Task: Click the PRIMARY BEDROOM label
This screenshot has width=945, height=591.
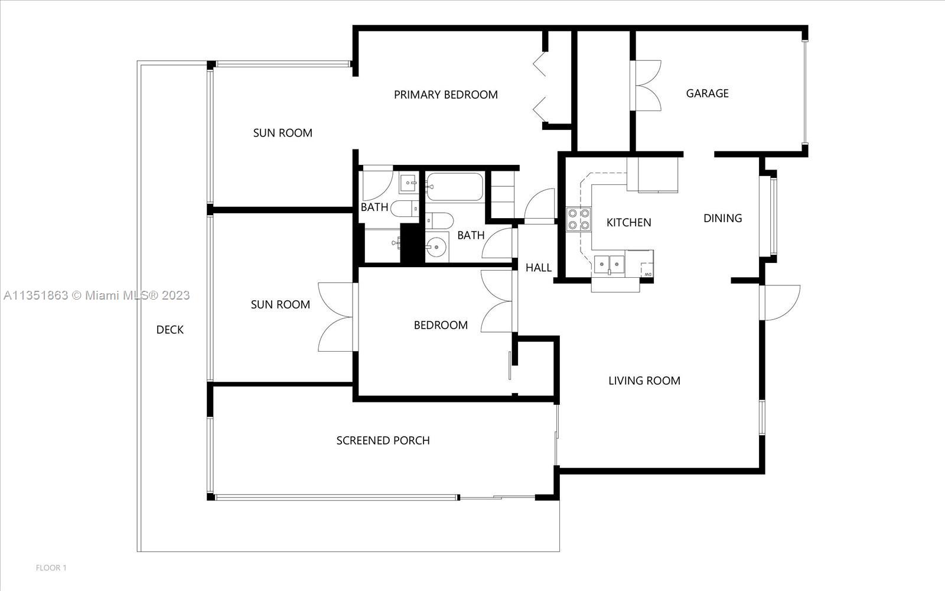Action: click(x=445, y=95)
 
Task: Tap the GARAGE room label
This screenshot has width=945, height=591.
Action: click(x=707, y=93)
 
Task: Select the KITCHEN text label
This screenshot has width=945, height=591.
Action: click(x=628, y=222)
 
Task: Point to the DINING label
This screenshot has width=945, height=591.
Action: click(x=723, y=218)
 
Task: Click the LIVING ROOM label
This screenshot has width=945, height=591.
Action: click(x=644, y=381)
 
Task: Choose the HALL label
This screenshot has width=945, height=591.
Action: click(x=538, y=268)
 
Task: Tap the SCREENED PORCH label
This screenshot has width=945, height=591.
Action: click(x=383, y=441)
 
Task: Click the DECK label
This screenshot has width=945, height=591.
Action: click(x=170, y=330)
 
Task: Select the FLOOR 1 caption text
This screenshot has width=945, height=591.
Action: click(x=51, y=568)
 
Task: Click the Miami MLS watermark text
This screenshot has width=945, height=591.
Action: click(x=97, y=295)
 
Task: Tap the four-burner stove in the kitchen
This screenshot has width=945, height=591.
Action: click(x=578, y=219)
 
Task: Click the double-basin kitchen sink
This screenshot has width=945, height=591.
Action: click(x=609, y=265)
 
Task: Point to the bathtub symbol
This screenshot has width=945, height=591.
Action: click(x=454, y=187)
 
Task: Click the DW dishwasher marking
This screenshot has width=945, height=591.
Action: click(x=647, y=274)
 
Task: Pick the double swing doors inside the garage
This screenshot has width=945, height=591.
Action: click(x=646, y=86)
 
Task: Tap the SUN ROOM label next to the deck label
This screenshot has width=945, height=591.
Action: click(x=280, y=304)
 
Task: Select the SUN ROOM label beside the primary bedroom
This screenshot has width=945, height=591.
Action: click(x=283, y=133)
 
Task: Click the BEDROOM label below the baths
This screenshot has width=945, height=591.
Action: click(x=441, y=325)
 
